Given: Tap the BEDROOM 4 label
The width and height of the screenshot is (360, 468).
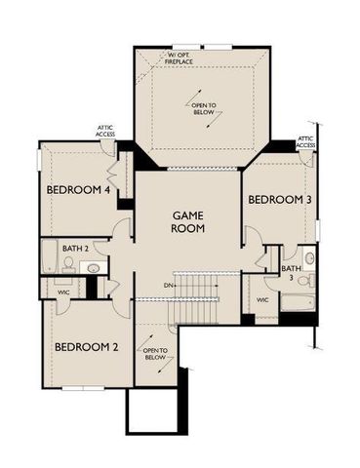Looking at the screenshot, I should point(78,189).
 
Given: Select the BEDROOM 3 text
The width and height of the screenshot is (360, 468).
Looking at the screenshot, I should point(279,200).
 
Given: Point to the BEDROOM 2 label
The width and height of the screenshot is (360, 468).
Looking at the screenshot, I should point(85,346).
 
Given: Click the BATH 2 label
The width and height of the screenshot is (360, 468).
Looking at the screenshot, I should point(75,249).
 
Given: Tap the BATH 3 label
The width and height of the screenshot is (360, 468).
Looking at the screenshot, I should point(291,274).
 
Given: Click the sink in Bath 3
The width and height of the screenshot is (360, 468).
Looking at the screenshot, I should point(309,259).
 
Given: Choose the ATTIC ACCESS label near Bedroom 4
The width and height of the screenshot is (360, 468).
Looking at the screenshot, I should point(106,130).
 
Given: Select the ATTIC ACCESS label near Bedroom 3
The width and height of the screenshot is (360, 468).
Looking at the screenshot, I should point(306,141).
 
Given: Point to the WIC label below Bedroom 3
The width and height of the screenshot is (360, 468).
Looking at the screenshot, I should point(262,299).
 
